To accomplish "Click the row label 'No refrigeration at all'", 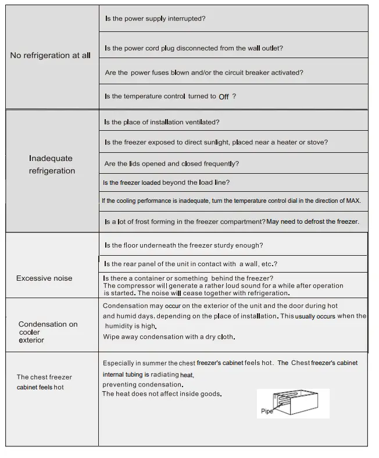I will (51, 56).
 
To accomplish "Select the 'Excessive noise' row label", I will (44, 278).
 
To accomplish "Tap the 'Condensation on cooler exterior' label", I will (48, 332).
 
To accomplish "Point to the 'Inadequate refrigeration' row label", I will (52, 164).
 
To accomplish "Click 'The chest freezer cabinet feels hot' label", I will (44, 382).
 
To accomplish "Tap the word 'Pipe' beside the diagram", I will (266, 412).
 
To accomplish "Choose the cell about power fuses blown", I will (203, 73).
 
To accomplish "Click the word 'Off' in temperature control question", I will (224, 97).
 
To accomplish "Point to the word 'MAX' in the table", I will (353, 201).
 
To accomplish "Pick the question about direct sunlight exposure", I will (216, 142).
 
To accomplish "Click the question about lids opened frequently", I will (171, 164).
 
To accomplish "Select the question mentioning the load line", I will (166, 183).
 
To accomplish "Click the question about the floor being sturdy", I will (184, 245).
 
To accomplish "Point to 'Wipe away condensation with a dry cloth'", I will (169, 337).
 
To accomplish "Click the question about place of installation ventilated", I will (162, 123).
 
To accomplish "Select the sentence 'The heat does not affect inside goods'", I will (162, 394).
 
